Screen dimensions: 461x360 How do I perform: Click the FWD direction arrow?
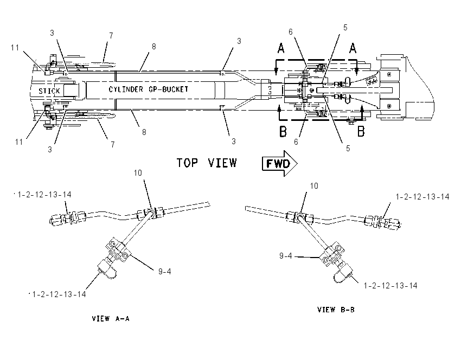pos(280,163)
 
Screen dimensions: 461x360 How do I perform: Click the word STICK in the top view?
pos(49,91)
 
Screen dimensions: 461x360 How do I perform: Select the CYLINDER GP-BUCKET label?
pos(149,89)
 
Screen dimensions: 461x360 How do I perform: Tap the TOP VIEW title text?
pos(207,163)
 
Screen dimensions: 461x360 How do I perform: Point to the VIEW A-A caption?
pos(111,319)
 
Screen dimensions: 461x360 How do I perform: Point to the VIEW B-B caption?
pos(336,310)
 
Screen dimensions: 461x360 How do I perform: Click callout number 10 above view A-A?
pos(138,173)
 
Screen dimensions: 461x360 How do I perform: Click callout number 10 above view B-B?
pos(314,186)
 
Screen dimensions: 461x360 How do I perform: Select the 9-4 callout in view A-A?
pos(165,272)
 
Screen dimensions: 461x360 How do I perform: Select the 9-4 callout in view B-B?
pos(285,256)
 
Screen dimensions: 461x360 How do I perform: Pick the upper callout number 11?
pos(15,48)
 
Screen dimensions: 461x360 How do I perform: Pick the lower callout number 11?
pos(19,142)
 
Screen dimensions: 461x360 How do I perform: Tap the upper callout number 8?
pos(154,47)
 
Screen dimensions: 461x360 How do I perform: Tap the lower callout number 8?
pos(144,132)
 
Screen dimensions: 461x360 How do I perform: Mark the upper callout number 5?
pos(345,27)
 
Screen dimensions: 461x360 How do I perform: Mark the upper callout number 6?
pos(291,32)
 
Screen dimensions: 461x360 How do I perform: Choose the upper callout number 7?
pos(111,36)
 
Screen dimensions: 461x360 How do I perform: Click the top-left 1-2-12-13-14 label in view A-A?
pos(44,195)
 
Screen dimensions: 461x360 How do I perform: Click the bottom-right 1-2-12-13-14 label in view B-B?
pos(390,286)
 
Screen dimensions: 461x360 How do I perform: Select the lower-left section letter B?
pos(283,131)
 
